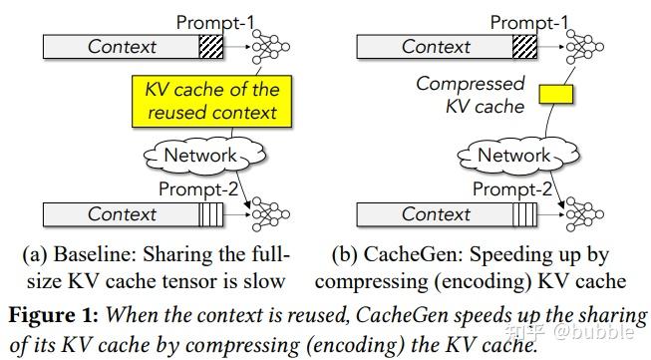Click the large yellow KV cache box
pos(211,101)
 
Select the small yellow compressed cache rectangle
pos(556,95)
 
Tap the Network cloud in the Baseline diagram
pos(204,156)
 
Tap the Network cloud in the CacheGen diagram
pos(518,156)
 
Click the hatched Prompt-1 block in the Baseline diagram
pos(211,47)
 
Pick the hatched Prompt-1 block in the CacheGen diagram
pos(524,47)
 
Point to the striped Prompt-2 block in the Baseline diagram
pos(211,214)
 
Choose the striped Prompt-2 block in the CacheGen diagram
pos(524,214)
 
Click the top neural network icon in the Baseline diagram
pos(271,47)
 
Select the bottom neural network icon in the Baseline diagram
pos(271,214)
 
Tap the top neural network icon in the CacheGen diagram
pos(584,47)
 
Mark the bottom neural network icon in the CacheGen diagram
pos(584,214)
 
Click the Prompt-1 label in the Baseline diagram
pos(215,22)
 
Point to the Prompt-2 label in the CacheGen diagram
pos(512,189)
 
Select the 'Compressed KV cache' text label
pos(471,95)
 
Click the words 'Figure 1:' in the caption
pos(54,315)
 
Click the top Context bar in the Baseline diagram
pos(122,47)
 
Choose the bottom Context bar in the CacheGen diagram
pos(435,214)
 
